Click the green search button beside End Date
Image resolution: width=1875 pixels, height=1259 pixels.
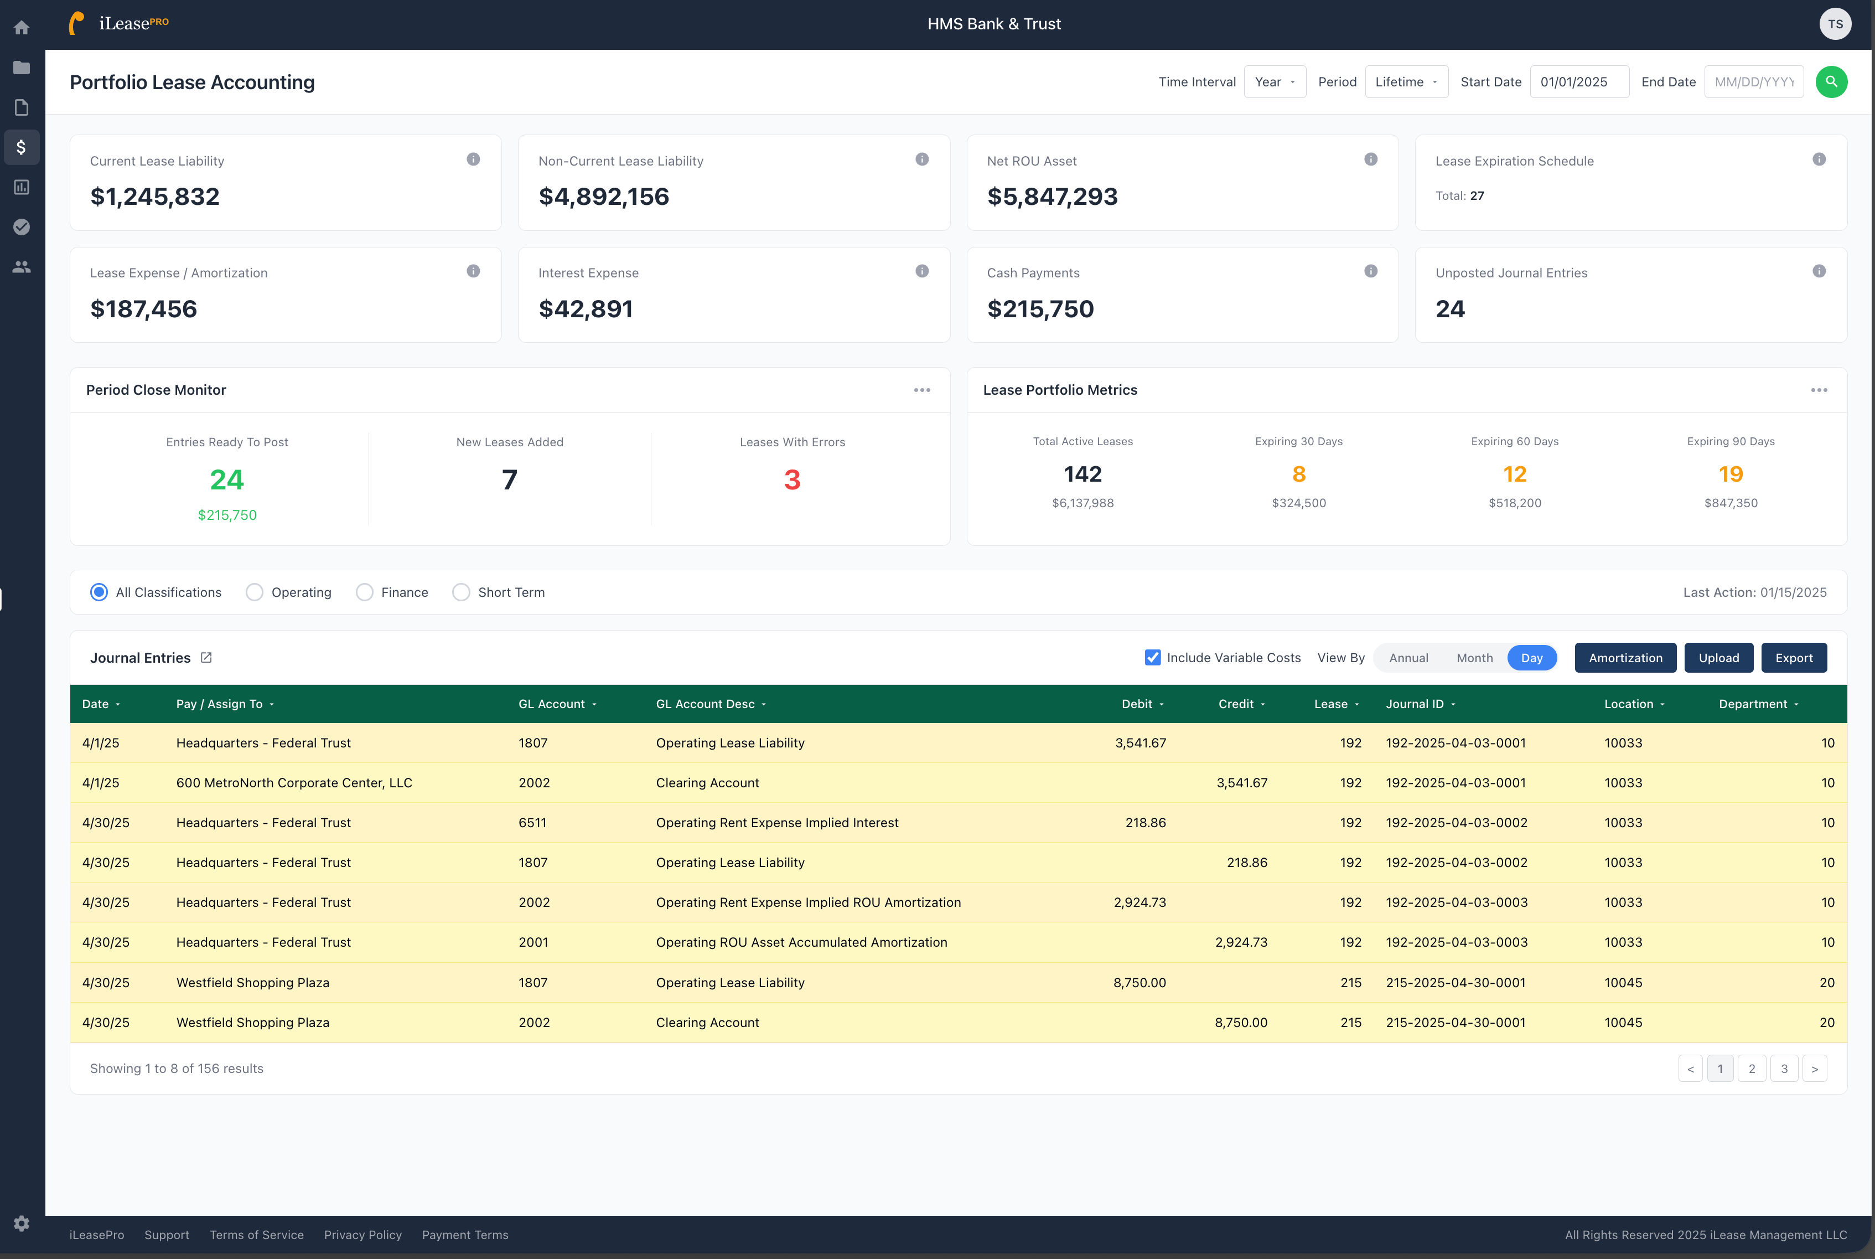point(1831,82)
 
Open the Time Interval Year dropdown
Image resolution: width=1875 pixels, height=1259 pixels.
point(1275,82)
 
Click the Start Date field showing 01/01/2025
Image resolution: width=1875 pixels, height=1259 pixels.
point(1578,82)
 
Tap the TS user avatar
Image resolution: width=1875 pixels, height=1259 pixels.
point(1835,24)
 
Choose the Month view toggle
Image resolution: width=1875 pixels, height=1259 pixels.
point(1474,658)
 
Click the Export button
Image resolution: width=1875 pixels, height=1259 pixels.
point(1793,658)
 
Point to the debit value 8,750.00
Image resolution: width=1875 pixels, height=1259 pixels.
point(1139,983)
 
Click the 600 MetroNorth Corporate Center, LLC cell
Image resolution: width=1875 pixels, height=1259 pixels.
point(294,783)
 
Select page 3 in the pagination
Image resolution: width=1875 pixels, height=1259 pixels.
point(1784,1069)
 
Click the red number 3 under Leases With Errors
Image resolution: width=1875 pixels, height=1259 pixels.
point(791,480)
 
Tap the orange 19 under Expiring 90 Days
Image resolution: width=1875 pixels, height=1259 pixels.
point(1731,474)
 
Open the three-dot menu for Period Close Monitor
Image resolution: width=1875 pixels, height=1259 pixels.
point(921,390)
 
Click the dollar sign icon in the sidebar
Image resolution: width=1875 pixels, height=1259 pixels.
point(22,147)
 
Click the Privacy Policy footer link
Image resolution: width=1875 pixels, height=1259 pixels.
point(363,1235)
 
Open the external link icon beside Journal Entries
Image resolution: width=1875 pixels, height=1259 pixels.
point(206,658)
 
